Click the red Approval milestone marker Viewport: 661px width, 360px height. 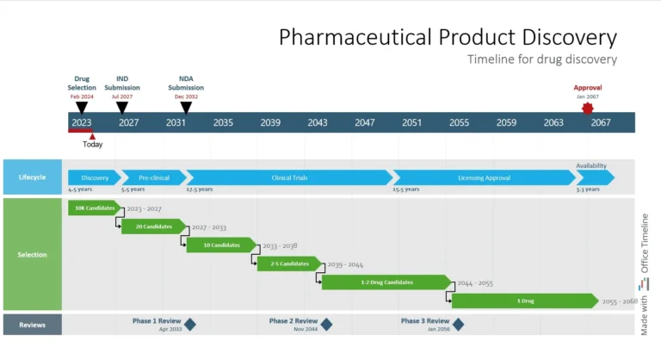point(588,109)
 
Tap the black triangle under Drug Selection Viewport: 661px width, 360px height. point(82,108)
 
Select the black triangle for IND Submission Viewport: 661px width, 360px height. point(121,108)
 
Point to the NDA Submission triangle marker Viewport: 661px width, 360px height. point(186,108)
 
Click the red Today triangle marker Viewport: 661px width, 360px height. point(92,136)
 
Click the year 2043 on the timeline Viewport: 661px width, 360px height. point(318,122)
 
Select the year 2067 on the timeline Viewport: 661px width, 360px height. point(601,122)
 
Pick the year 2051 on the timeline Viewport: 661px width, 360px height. point(411,122)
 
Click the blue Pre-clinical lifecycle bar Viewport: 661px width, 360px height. point(153,177)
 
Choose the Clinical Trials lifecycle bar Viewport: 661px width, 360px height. point(289,177)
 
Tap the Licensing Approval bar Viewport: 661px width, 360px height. point(485,177)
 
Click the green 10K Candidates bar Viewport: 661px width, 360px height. point(94,208)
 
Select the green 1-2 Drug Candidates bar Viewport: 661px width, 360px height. point(386,282)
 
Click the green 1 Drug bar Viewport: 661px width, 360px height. point(524,301)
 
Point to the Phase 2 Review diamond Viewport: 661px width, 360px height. point(326,325)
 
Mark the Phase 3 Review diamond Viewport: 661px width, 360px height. point(458,325)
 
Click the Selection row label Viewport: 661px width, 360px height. point(32,254)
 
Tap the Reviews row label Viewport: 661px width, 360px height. point(32,325)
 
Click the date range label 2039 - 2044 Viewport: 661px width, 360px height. point(345,264)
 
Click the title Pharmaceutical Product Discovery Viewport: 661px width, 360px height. point(448,37)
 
